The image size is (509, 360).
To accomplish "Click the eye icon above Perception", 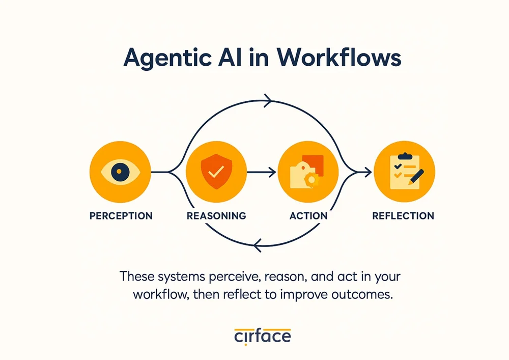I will click(120, 172).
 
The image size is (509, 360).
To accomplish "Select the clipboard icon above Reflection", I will click(405, 172).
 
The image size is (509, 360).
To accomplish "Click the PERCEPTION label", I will click(121, 216).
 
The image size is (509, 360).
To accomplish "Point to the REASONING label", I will click(216, 216).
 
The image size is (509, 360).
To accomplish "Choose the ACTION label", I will click(308, 216).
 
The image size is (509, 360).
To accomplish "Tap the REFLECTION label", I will click(403, 216).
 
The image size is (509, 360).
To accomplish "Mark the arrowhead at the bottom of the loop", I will click(257, 247).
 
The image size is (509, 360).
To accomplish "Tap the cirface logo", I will click(263, 336).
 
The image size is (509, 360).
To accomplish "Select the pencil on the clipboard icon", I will click(417, 178).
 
